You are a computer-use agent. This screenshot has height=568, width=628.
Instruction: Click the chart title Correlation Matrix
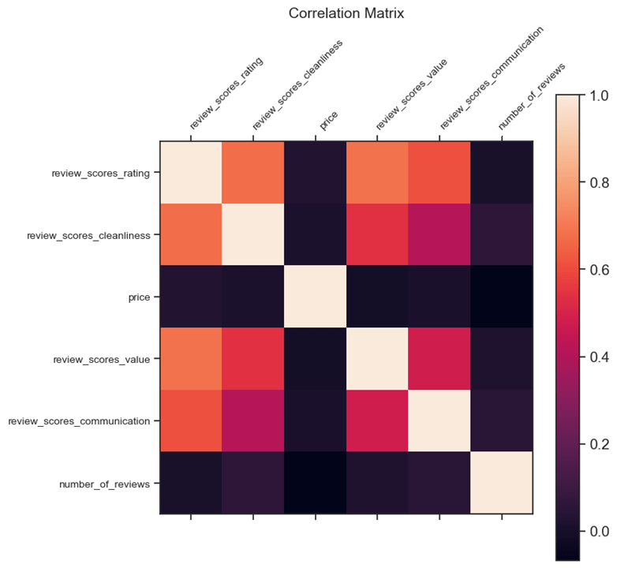(346, 13)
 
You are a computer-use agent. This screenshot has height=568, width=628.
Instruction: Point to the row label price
(138, 297)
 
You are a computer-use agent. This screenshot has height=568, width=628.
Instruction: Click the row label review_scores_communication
(79, 421)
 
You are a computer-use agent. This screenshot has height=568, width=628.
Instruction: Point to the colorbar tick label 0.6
(599, 270)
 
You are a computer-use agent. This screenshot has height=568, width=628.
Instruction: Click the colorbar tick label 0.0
(599, 531)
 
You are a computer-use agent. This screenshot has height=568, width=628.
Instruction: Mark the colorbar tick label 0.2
(599, 444)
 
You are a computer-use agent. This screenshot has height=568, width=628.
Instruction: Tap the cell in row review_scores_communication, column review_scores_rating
(191, 421)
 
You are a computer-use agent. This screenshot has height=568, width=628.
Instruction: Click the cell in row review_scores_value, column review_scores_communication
(439, 359)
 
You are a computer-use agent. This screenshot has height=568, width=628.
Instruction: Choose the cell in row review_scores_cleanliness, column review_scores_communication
(439, 235)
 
